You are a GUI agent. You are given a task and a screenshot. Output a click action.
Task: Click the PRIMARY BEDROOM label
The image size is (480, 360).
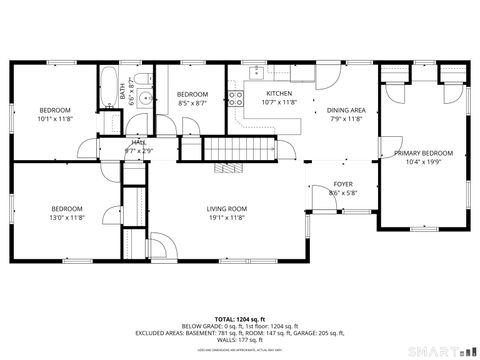[x=423, y=153]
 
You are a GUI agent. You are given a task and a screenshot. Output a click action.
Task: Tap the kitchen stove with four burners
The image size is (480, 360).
[x=237, y=98]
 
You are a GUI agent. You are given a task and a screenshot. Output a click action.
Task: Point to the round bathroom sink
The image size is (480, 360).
[x=144, y=98]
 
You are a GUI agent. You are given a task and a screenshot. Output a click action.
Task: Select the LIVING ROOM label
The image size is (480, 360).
[x=226, y=208]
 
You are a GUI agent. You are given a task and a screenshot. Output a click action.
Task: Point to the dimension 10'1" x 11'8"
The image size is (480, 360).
[x=55, y=118]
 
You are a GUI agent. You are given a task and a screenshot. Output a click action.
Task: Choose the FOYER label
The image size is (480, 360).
[x=342, y=185]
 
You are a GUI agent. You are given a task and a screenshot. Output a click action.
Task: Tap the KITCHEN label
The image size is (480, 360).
[x=277, y=93]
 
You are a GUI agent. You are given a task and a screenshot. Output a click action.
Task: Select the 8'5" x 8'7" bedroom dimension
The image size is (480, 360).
[x=192, y=102]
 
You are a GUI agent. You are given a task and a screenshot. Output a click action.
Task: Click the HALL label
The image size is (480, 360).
[x=138, y=142]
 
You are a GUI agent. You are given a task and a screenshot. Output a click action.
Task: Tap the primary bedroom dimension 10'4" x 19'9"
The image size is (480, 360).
[x=423, y=162]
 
